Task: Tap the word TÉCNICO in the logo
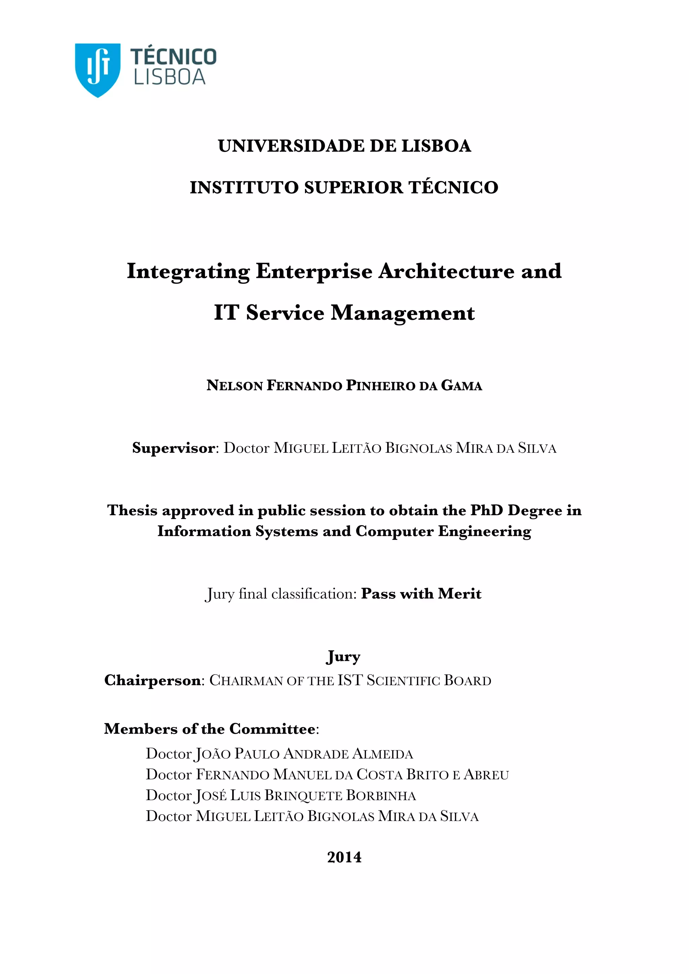click(x=173, y=57)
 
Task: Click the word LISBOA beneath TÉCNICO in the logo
click(x=170, y=78)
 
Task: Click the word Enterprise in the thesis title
click(x=314, y=271)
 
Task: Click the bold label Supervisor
click(x=173, y=448)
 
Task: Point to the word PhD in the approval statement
click(x=486, y=510)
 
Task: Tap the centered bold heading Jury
click(x=343, y=657)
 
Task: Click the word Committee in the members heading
click(x=273, y=729)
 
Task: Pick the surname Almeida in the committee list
click(x=383, y=754)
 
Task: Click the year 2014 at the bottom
click(x=344, y=857)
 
